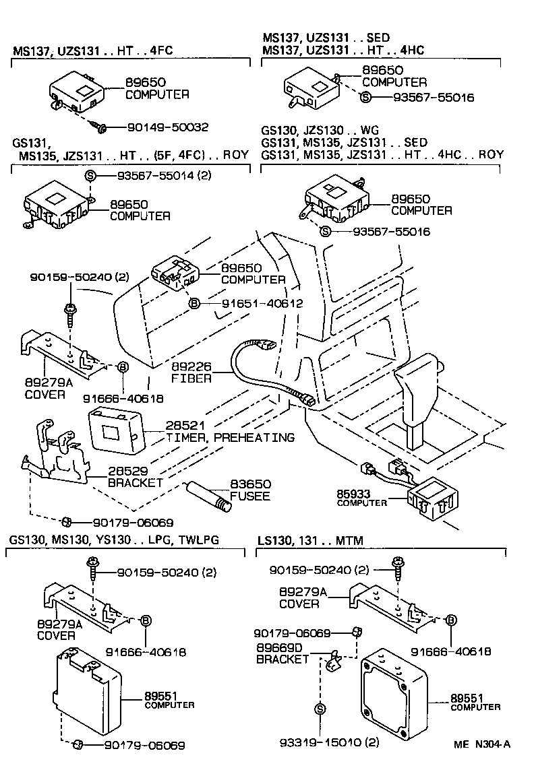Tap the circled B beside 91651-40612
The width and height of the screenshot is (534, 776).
(x=194, y=304)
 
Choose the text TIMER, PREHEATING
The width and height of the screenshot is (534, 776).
(x=230, y=438)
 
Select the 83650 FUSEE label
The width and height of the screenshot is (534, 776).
(x=251, y=490)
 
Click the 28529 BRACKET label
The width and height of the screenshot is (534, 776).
(x=135, y=477)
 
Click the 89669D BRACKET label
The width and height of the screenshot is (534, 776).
(x=283, y=653)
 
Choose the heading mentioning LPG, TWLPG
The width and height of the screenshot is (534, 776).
(x=114, y=540)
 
